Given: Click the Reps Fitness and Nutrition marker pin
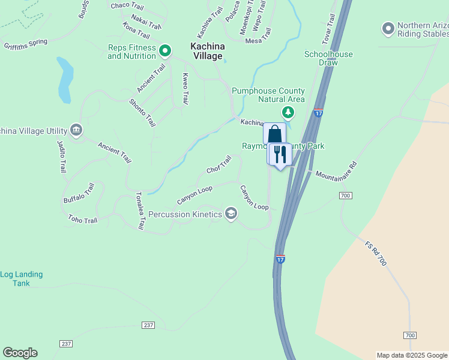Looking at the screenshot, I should [x=166, y=51].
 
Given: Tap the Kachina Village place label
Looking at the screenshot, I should [x=207, y=51].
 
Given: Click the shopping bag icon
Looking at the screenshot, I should [x=274, y=134].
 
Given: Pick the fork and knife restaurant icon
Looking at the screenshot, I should [x=279, y=154].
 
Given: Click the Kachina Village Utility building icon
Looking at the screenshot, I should [x=76, y=130].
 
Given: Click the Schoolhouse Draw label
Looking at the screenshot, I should [x=328, y=58].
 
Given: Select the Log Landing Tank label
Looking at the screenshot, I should [x=22, y=278].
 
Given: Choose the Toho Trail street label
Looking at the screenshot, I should [x=83, y=220].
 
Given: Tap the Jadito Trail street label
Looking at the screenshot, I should [x=61, y=157].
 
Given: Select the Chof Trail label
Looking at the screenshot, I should [x=218, y=165].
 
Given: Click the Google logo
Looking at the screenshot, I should [x=20, y=353].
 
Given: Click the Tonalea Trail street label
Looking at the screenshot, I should [x=140, y=211].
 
